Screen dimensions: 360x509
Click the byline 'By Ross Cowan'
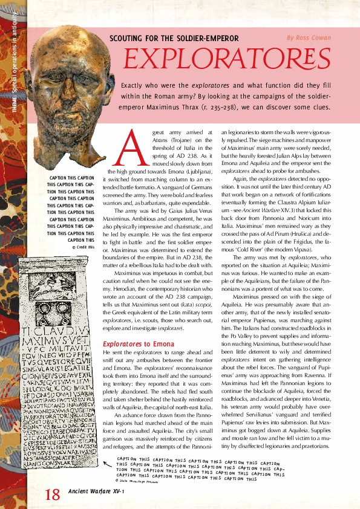(x=309, y=37)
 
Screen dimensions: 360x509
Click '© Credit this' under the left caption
(x=83, y=247)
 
